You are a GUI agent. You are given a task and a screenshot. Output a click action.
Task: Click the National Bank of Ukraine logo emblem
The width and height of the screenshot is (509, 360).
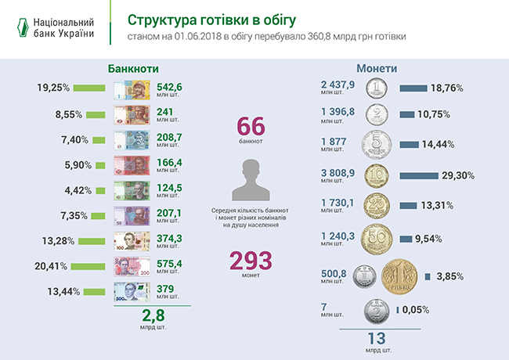click(x=23, y=28)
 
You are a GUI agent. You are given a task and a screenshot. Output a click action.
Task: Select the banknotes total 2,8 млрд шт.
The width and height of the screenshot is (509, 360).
click(x=152, y=319)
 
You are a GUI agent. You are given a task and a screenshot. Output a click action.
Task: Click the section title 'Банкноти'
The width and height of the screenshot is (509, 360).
click(x=128, y=68)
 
